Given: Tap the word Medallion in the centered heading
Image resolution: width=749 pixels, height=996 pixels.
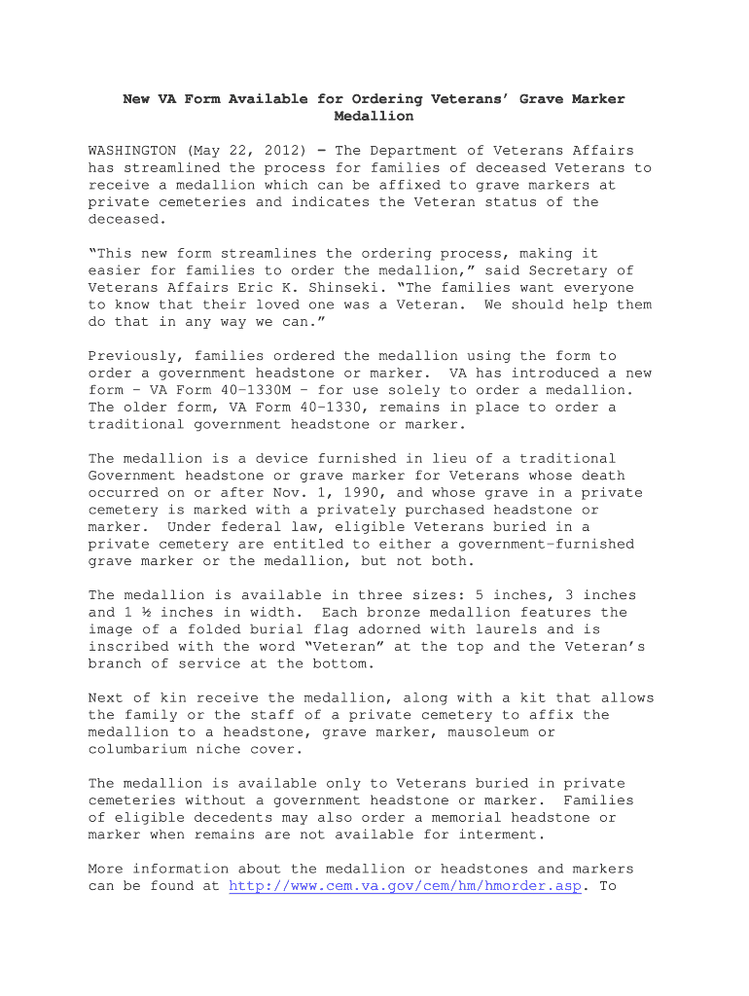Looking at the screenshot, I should pos(374,117).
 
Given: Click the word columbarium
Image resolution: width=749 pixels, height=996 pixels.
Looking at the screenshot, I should pos(136,750).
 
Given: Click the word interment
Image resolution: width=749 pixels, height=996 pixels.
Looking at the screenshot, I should pos(493,836).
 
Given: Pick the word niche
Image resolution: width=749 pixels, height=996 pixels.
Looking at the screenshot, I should pos(252,750).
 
